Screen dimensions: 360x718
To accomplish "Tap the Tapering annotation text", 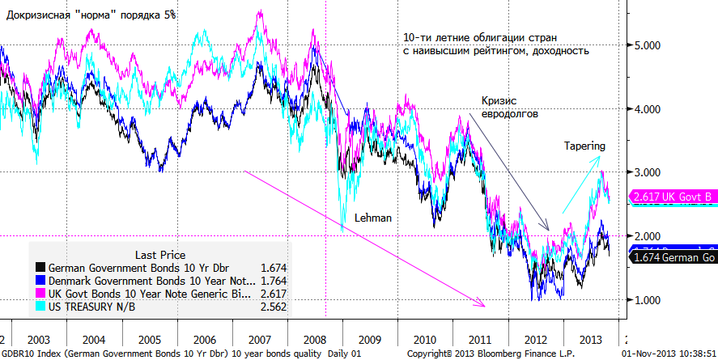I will pos(584,146).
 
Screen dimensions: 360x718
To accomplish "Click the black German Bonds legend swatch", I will pos(40,267).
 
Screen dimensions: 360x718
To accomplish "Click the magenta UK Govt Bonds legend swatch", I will pos(40,294).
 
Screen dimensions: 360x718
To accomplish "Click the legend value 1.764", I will pos(273,280).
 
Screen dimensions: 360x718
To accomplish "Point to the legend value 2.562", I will pos(273,307).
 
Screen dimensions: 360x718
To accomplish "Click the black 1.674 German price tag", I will pos(672,258).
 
